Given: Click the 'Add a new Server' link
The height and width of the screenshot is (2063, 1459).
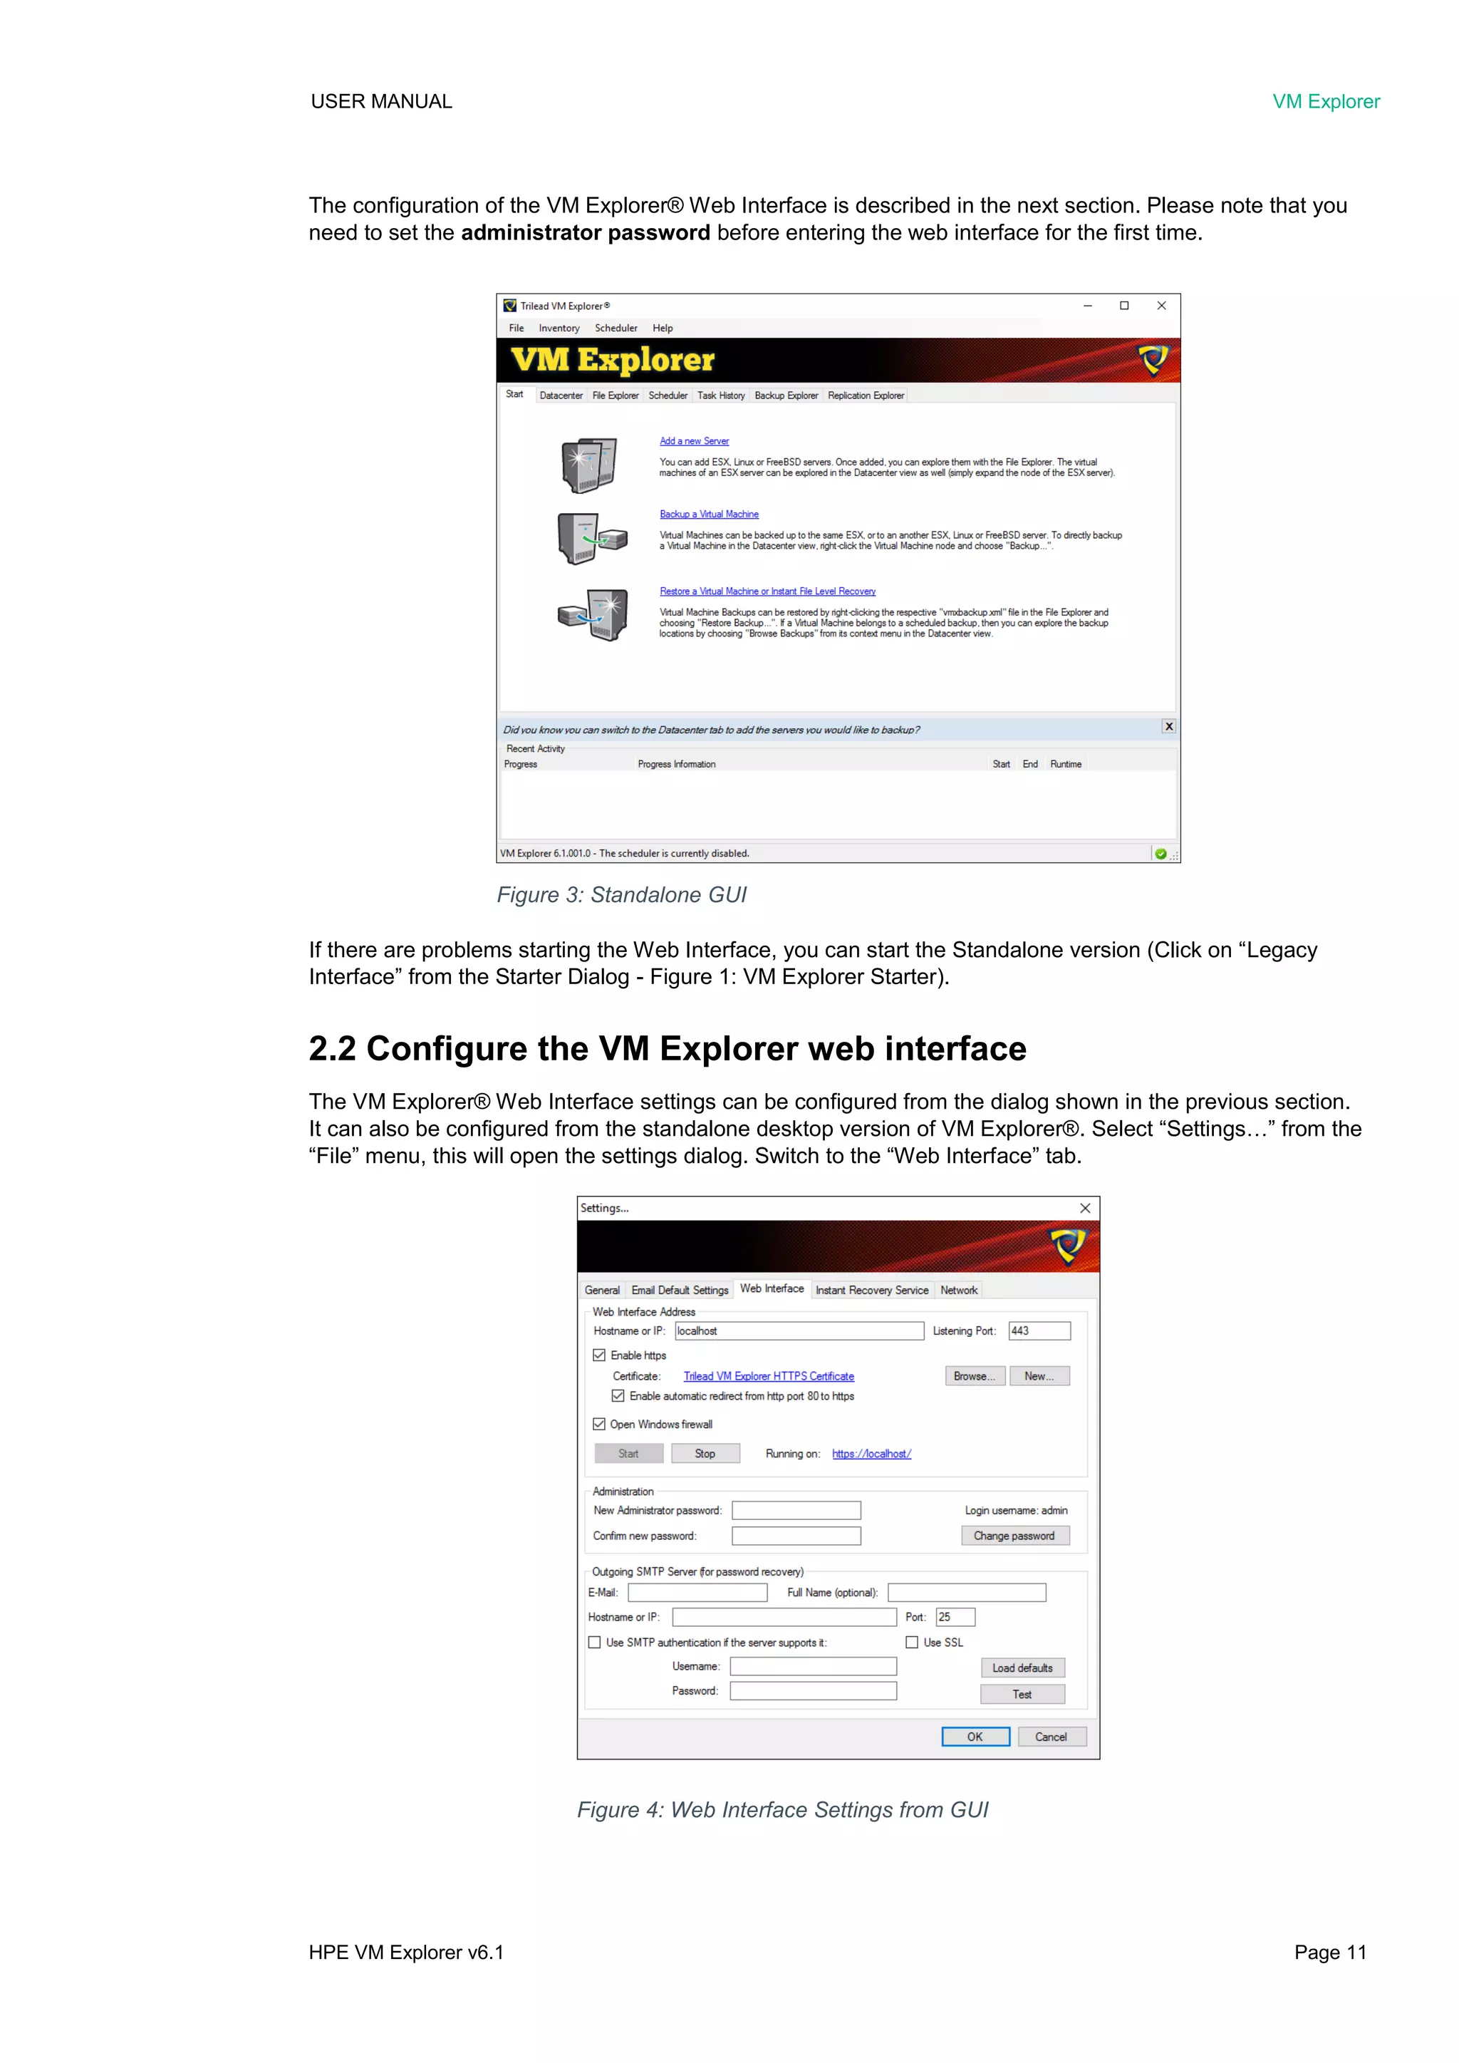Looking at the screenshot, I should point(694,441).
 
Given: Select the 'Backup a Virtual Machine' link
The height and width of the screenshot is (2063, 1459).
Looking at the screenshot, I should point(709,514).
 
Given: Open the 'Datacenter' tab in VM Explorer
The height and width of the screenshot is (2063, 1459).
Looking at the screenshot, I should point(561,395).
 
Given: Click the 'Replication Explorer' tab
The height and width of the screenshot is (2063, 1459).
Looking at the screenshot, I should point(865,395).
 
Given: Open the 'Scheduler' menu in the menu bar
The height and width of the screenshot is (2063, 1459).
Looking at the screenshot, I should point(616,328).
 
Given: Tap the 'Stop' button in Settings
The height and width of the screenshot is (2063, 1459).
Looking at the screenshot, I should point(705,1453).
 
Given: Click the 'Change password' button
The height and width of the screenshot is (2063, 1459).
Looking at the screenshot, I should point(1014,1536).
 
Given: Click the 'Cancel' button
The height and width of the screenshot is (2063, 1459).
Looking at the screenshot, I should point(1050,1737).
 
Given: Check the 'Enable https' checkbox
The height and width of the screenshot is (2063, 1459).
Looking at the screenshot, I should point(599,1355).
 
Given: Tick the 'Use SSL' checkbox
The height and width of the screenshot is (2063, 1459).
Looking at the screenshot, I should point(912,1643).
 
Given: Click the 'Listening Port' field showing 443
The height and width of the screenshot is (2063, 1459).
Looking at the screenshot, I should point(1039,1330).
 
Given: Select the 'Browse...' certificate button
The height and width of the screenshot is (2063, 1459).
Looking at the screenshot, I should point(975,1375).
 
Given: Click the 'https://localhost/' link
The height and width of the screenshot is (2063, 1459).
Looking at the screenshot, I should point(871,1454).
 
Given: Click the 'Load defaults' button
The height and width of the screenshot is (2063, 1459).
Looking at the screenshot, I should point(1022,1668).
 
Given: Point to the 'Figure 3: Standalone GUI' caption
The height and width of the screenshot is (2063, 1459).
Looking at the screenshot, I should point(622,895).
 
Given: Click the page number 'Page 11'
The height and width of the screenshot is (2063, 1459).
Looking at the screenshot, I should point(1329,1953).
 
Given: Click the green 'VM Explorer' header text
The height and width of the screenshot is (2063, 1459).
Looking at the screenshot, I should point(1325,101).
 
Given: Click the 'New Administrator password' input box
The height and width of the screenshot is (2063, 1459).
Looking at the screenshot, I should point(796,1511).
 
